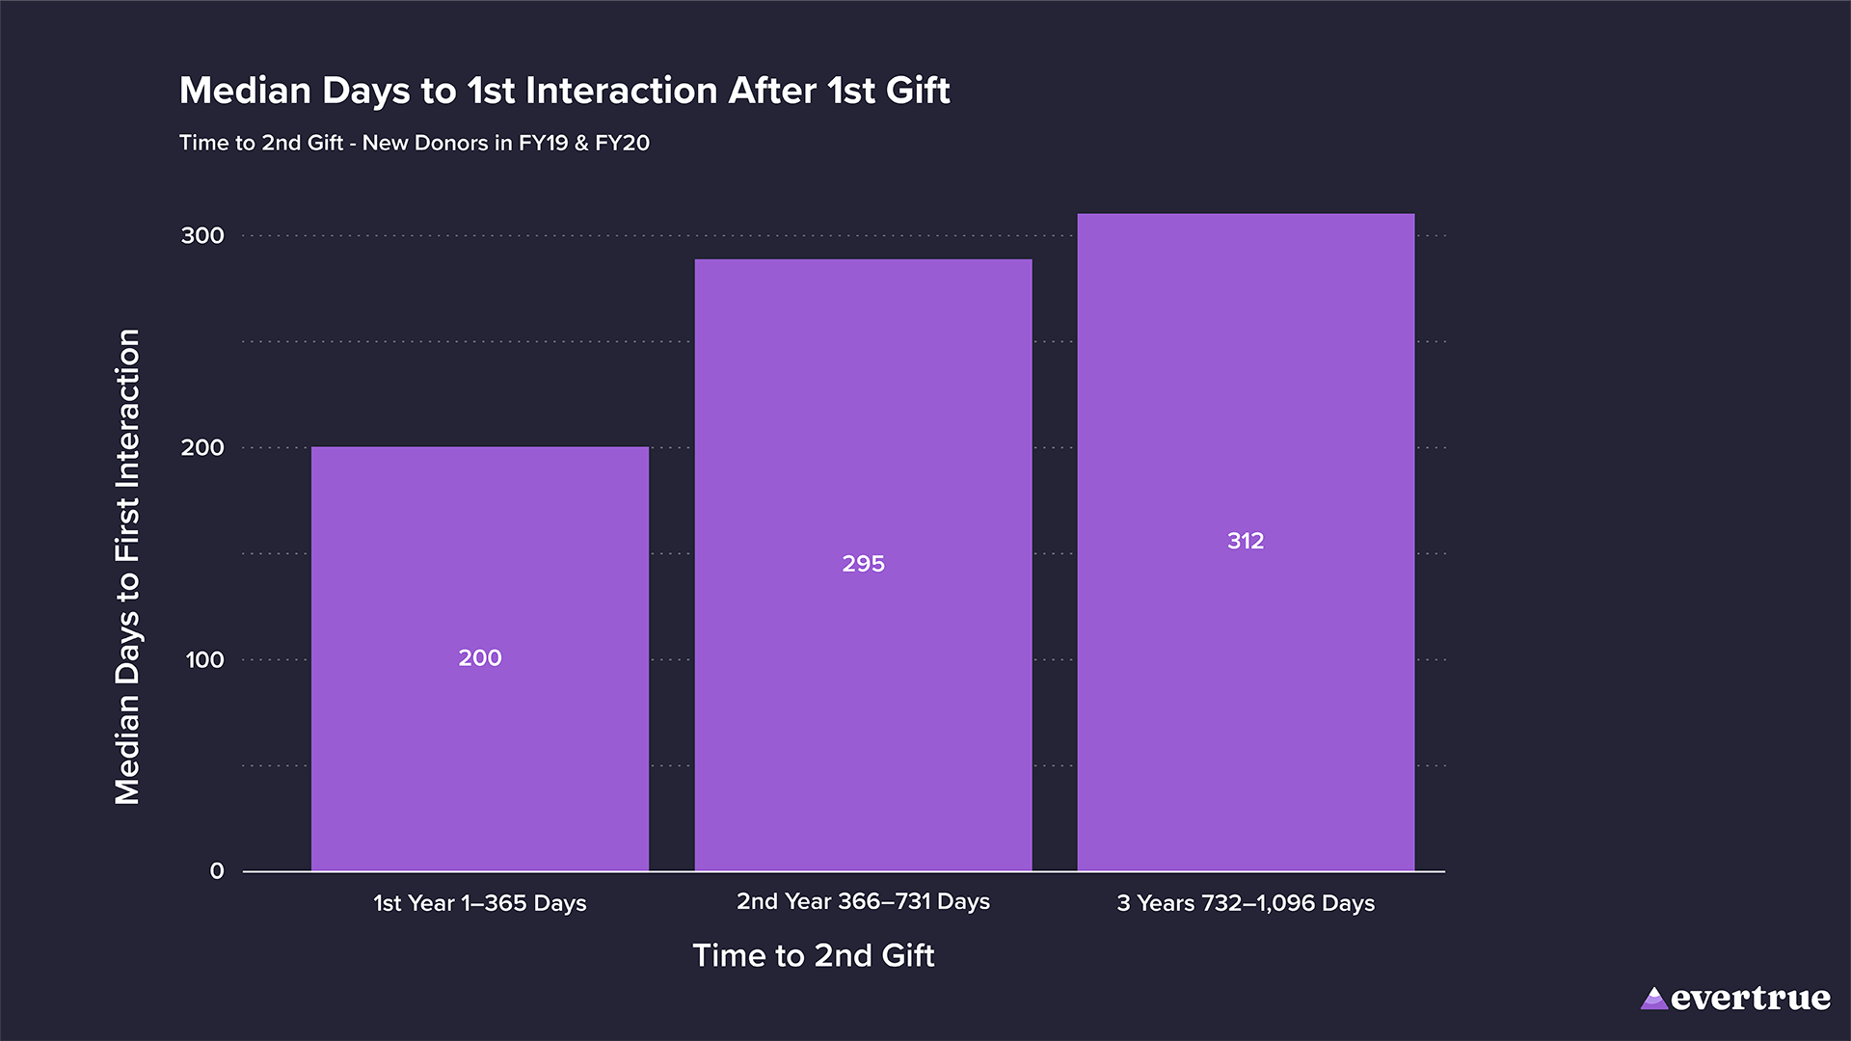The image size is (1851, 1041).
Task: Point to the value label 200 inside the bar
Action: point(480,658)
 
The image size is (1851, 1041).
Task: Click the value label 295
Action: point(863,564)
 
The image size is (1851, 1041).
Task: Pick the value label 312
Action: point(1246,541)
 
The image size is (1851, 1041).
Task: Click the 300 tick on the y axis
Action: point(202,236)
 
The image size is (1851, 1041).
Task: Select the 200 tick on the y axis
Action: point(202,448)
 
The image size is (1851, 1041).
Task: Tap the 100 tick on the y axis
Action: point(204,660)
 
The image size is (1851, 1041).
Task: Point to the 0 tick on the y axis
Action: point(217,871)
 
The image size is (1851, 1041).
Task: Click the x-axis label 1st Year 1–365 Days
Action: point(480,903)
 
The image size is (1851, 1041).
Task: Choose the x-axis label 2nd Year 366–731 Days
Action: point(863,901)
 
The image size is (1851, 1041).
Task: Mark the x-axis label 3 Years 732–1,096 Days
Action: point(1246,903)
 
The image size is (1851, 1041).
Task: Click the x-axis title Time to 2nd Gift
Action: point(814,955)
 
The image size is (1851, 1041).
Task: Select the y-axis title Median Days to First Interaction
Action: point(128,567)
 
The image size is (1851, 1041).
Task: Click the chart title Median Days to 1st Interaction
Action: point(564,91)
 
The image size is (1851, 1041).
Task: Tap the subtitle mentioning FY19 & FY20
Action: point(415,143)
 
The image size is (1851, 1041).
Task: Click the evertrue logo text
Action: point(1750,999)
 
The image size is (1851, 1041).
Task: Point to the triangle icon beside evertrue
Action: point(1654,999)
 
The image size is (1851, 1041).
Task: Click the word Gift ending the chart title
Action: point(918,91)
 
